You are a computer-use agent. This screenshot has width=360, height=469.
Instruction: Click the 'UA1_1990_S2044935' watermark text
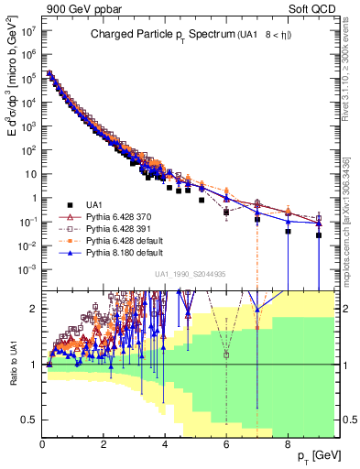click(191, 274)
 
